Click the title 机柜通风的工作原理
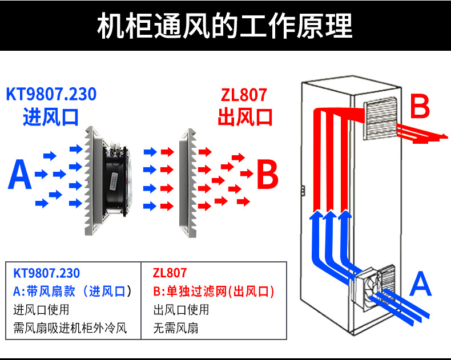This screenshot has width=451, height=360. click(225, 26)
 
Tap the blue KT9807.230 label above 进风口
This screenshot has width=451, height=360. click(51, 94)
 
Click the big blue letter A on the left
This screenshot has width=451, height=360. click(19, 175)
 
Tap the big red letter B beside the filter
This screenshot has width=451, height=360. click(267, 175)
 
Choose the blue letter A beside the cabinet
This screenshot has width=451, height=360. click(420, 284)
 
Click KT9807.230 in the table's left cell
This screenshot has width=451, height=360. click(46, 273)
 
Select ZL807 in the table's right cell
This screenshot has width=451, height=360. click(170, 273)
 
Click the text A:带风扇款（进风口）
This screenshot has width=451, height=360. click(72, 292)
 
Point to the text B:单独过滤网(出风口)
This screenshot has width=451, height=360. click(214, 292)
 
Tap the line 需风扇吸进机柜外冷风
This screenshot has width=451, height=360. click(70, 328)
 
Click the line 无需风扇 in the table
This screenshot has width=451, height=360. click(176, 328)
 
